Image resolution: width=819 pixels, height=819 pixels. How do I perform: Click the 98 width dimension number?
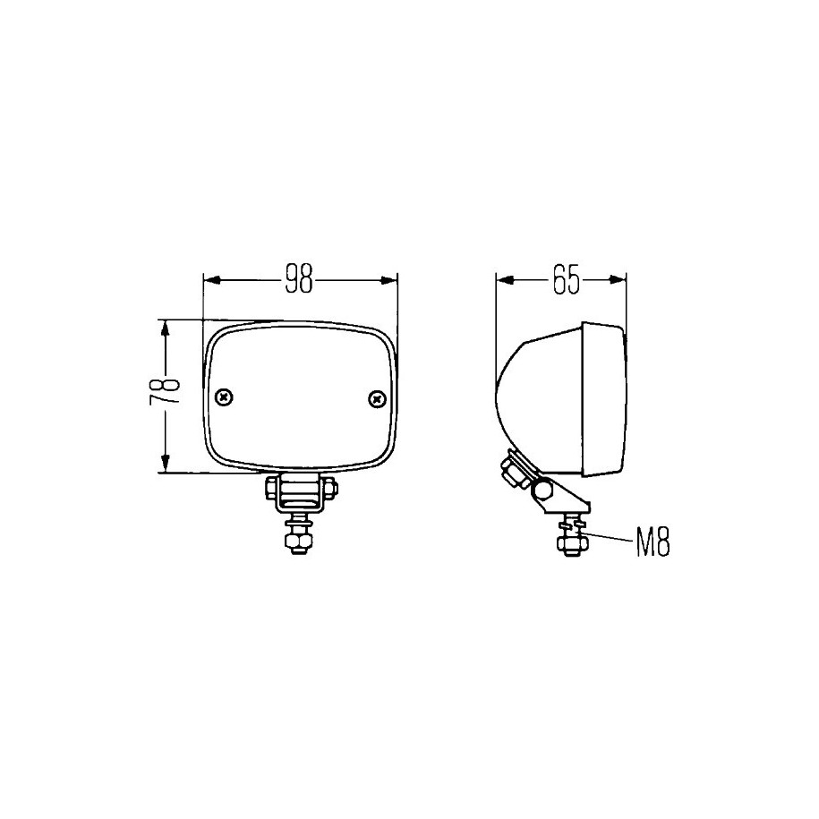[x=299, y=280]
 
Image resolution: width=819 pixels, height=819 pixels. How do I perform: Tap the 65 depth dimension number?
[x=567, y=280]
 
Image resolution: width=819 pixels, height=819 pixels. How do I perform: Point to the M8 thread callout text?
[x=653, y=542]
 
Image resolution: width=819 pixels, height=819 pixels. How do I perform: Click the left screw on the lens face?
[x=224, y=397]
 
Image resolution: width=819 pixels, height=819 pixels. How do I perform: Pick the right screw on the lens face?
[x=377, y=399]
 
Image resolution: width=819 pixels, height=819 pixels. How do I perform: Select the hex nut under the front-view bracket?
[x=296, y=542]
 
